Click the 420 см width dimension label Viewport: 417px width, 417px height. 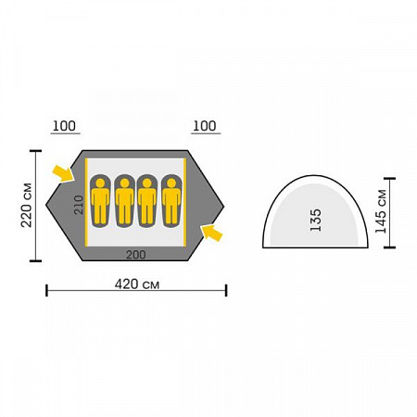[x=137, y=284]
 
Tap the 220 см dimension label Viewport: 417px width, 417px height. [x=27, y=205]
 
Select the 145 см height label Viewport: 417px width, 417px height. [x=381, y=211]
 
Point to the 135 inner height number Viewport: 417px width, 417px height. [x=316, y=220]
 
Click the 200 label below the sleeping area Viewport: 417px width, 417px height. [x=136, y=255]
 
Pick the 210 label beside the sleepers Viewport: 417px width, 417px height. [x=79, y=205]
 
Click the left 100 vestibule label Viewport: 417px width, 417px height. [x=64, y=126]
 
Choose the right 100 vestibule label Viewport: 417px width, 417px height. [x=205, y=126]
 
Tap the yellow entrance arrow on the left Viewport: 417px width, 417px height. [x=63, y=173]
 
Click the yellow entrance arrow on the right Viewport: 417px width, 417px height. [x=211, y=233]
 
